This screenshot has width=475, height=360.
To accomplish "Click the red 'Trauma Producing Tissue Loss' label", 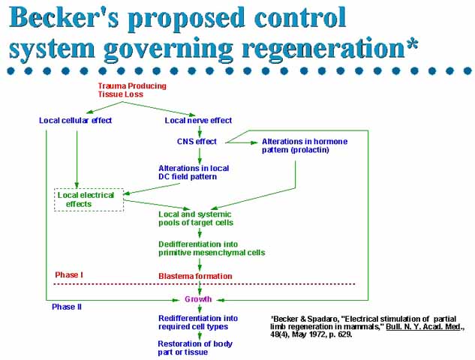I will point(131,90).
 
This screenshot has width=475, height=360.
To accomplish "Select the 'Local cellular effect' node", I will point(75,120).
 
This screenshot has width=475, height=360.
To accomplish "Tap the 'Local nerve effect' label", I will point(198,120).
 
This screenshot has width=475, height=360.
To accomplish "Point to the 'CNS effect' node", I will point(197,141).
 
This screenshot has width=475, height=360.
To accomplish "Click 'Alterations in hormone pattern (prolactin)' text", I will point(296,145).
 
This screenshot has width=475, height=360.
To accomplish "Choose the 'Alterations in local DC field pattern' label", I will point(194,172).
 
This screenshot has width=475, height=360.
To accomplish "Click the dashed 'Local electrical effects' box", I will point(89,199).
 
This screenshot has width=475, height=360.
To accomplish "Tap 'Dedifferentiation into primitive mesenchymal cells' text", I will point(211,248).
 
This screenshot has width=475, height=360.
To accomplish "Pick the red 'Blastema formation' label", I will point(195,276).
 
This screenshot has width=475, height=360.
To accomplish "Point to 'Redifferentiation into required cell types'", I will point(198,322).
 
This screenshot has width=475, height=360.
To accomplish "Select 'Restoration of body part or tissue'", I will point(194,348).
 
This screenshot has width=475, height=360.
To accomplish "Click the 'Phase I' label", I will point(69,275).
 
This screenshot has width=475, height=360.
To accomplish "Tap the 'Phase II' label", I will point(66,307).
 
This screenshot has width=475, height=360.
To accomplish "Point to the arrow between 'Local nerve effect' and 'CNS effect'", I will point(200,130).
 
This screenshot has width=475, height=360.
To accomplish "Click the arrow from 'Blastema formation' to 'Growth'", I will point(200,287).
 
